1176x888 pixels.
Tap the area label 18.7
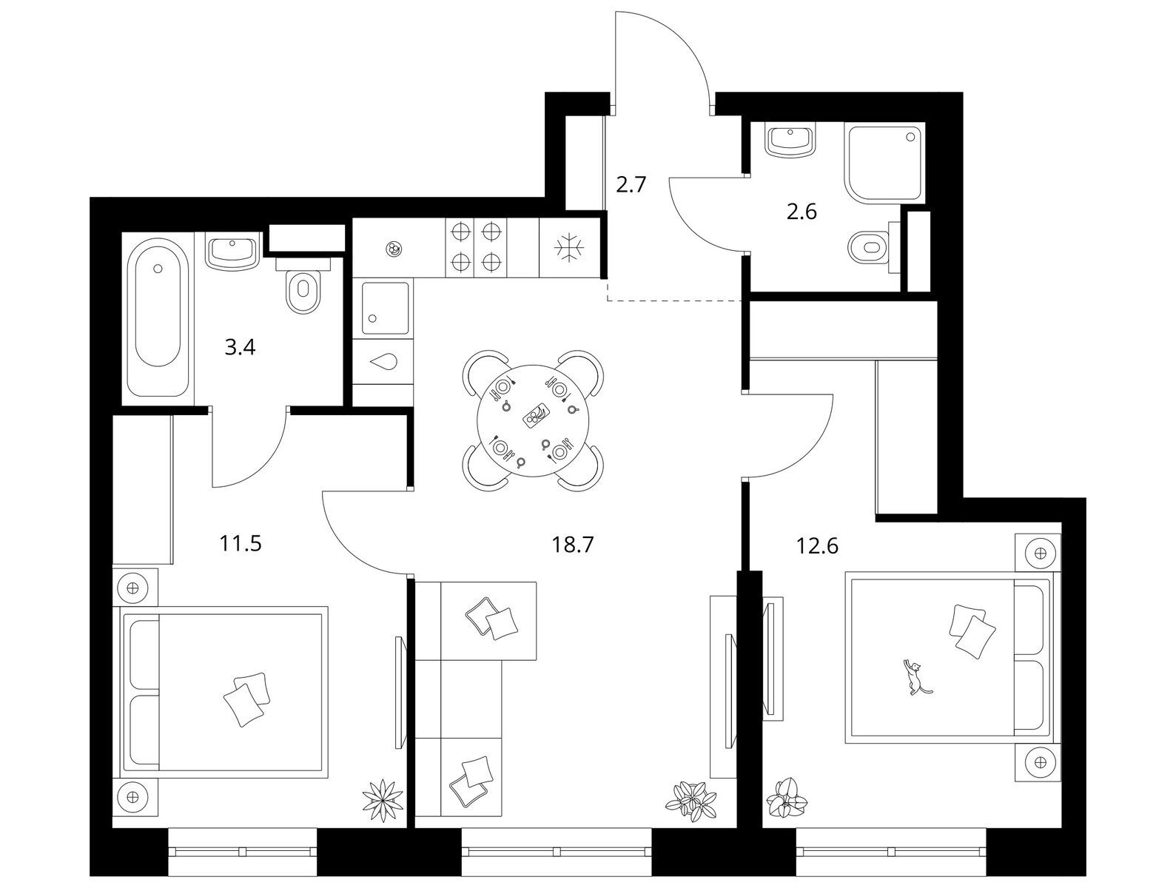[x=573, y=545]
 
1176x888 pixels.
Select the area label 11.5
[x=240, y=544]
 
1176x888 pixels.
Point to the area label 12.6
[x=817, y=546]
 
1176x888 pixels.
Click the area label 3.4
[x=240, y=348]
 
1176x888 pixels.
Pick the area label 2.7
[x=631, y=184]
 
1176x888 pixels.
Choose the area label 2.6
[x=802, y=212]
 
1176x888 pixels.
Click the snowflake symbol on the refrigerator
[x=569, y=247]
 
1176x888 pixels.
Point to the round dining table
[x=534, y=421]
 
